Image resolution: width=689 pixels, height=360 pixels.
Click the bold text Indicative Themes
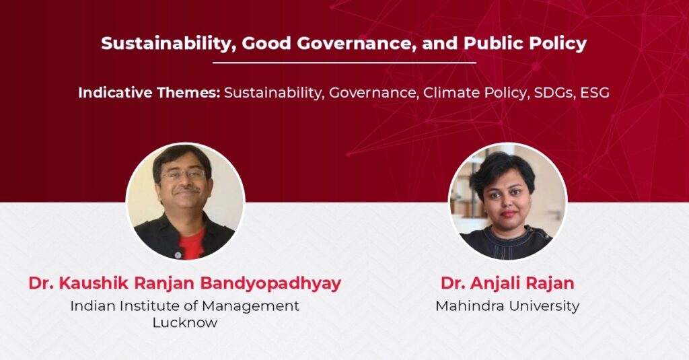tap(149, 93)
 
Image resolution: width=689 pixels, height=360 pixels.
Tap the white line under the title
tap(344, 63)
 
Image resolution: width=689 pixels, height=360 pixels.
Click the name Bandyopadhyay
tap(270, 283)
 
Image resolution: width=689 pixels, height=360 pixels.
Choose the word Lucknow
tap(185, 322)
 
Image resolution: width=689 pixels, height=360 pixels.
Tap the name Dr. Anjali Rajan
tap(507, 283)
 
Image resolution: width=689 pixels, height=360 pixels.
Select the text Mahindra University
tap(507, 305)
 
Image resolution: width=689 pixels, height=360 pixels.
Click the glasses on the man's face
tap(184, 174)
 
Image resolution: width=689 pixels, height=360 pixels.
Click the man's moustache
tap(186, 190)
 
